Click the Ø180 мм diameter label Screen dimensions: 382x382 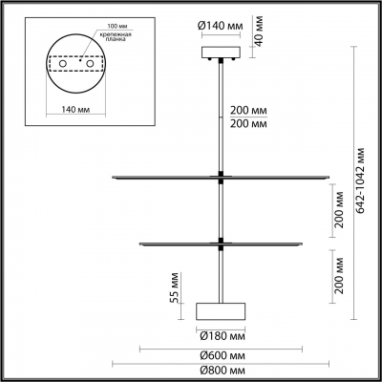(x=221, y=335)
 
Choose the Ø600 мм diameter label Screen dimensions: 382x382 (x=221, y=352)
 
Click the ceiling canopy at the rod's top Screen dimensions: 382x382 (x=222, y=53)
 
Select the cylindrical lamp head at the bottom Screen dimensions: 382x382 (x=221, y=311)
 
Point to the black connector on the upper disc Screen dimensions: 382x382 (x=222, y=176)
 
